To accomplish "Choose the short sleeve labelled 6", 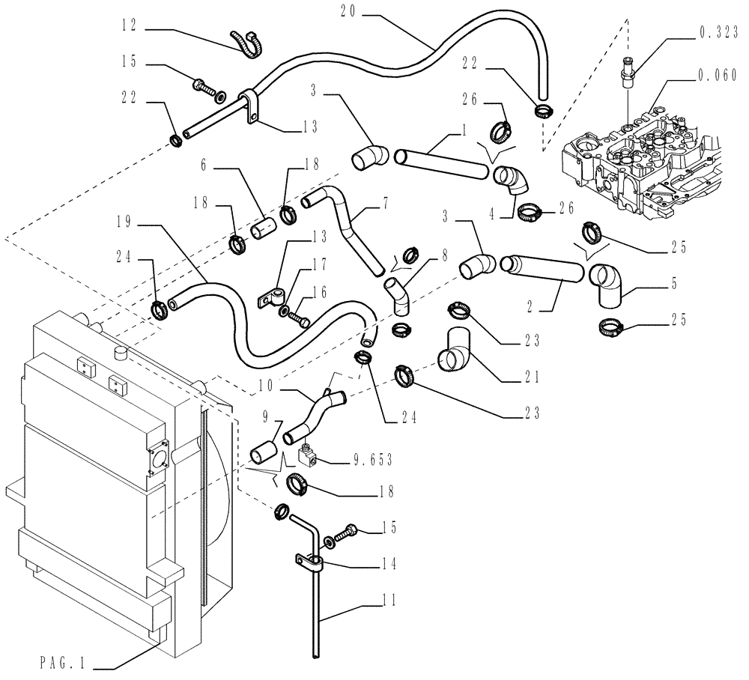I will pyautogui.click(x=264, y=225).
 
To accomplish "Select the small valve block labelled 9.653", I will pyautogui.click(x=309, y=453).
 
